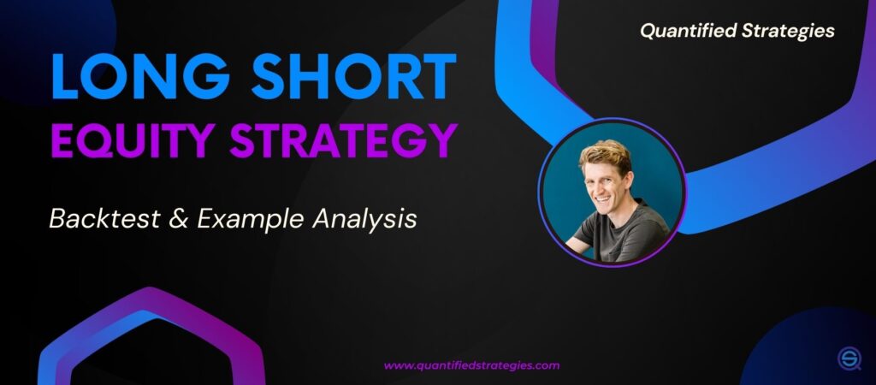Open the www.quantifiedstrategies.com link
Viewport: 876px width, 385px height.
471,365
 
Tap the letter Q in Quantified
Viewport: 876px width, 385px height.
648,32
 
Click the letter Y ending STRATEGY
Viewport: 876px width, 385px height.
441,140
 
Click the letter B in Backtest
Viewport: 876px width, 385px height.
57,219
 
